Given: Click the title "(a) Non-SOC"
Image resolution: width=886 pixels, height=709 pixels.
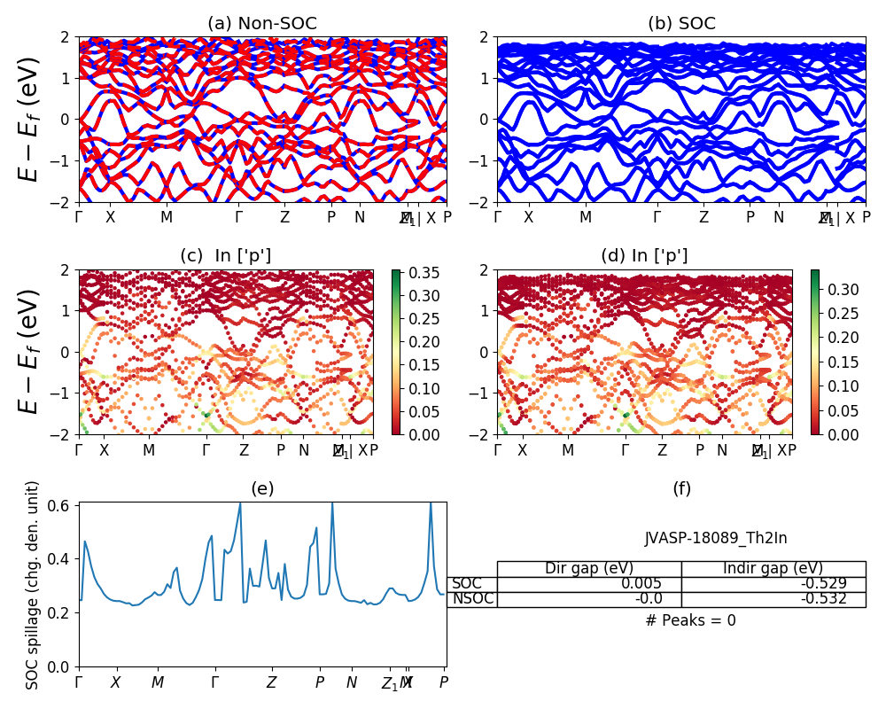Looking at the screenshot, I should (x=262, y=24).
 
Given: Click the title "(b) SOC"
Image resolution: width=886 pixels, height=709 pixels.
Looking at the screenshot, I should (x=681, y=24).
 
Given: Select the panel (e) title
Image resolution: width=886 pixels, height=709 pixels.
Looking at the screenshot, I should (x=262, y=488).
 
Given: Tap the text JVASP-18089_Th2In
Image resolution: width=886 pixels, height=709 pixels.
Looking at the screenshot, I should (x=715, y=538).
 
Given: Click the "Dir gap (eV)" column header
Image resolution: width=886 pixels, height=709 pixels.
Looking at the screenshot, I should (x=588, y=568).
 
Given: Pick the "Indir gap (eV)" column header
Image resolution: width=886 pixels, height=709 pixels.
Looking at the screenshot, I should (x=773, y=568).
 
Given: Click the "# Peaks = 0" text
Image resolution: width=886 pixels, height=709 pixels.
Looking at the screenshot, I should (x=690, y=620).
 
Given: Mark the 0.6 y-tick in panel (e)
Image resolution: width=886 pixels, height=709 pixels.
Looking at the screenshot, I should (x=65, y=504).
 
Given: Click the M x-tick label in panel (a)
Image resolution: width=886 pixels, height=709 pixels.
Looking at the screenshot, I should (x=167, y=217).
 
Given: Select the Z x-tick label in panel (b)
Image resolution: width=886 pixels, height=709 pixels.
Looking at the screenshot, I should (x=703, y=217).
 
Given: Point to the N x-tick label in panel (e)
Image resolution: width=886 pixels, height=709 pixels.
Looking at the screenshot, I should (x=352, y=682).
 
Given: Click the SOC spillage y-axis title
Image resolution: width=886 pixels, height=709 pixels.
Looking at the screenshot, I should (x=33, y=585).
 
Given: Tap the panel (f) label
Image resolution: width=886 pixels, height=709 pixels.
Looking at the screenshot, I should (x=681, y=488).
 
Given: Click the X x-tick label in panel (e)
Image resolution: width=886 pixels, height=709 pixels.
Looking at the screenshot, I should (x=115, y=682).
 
